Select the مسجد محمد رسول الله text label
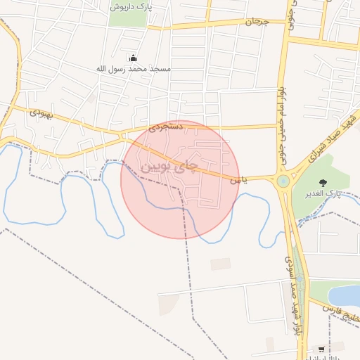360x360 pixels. point(134,69)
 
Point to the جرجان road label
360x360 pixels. point(257,22)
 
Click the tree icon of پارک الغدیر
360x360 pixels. point(325,181)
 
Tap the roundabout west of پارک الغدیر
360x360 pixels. point(283,181)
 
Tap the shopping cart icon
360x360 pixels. point(321,349)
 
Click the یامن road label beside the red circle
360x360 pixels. point(236,181)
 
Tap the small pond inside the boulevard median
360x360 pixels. point(301,278)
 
